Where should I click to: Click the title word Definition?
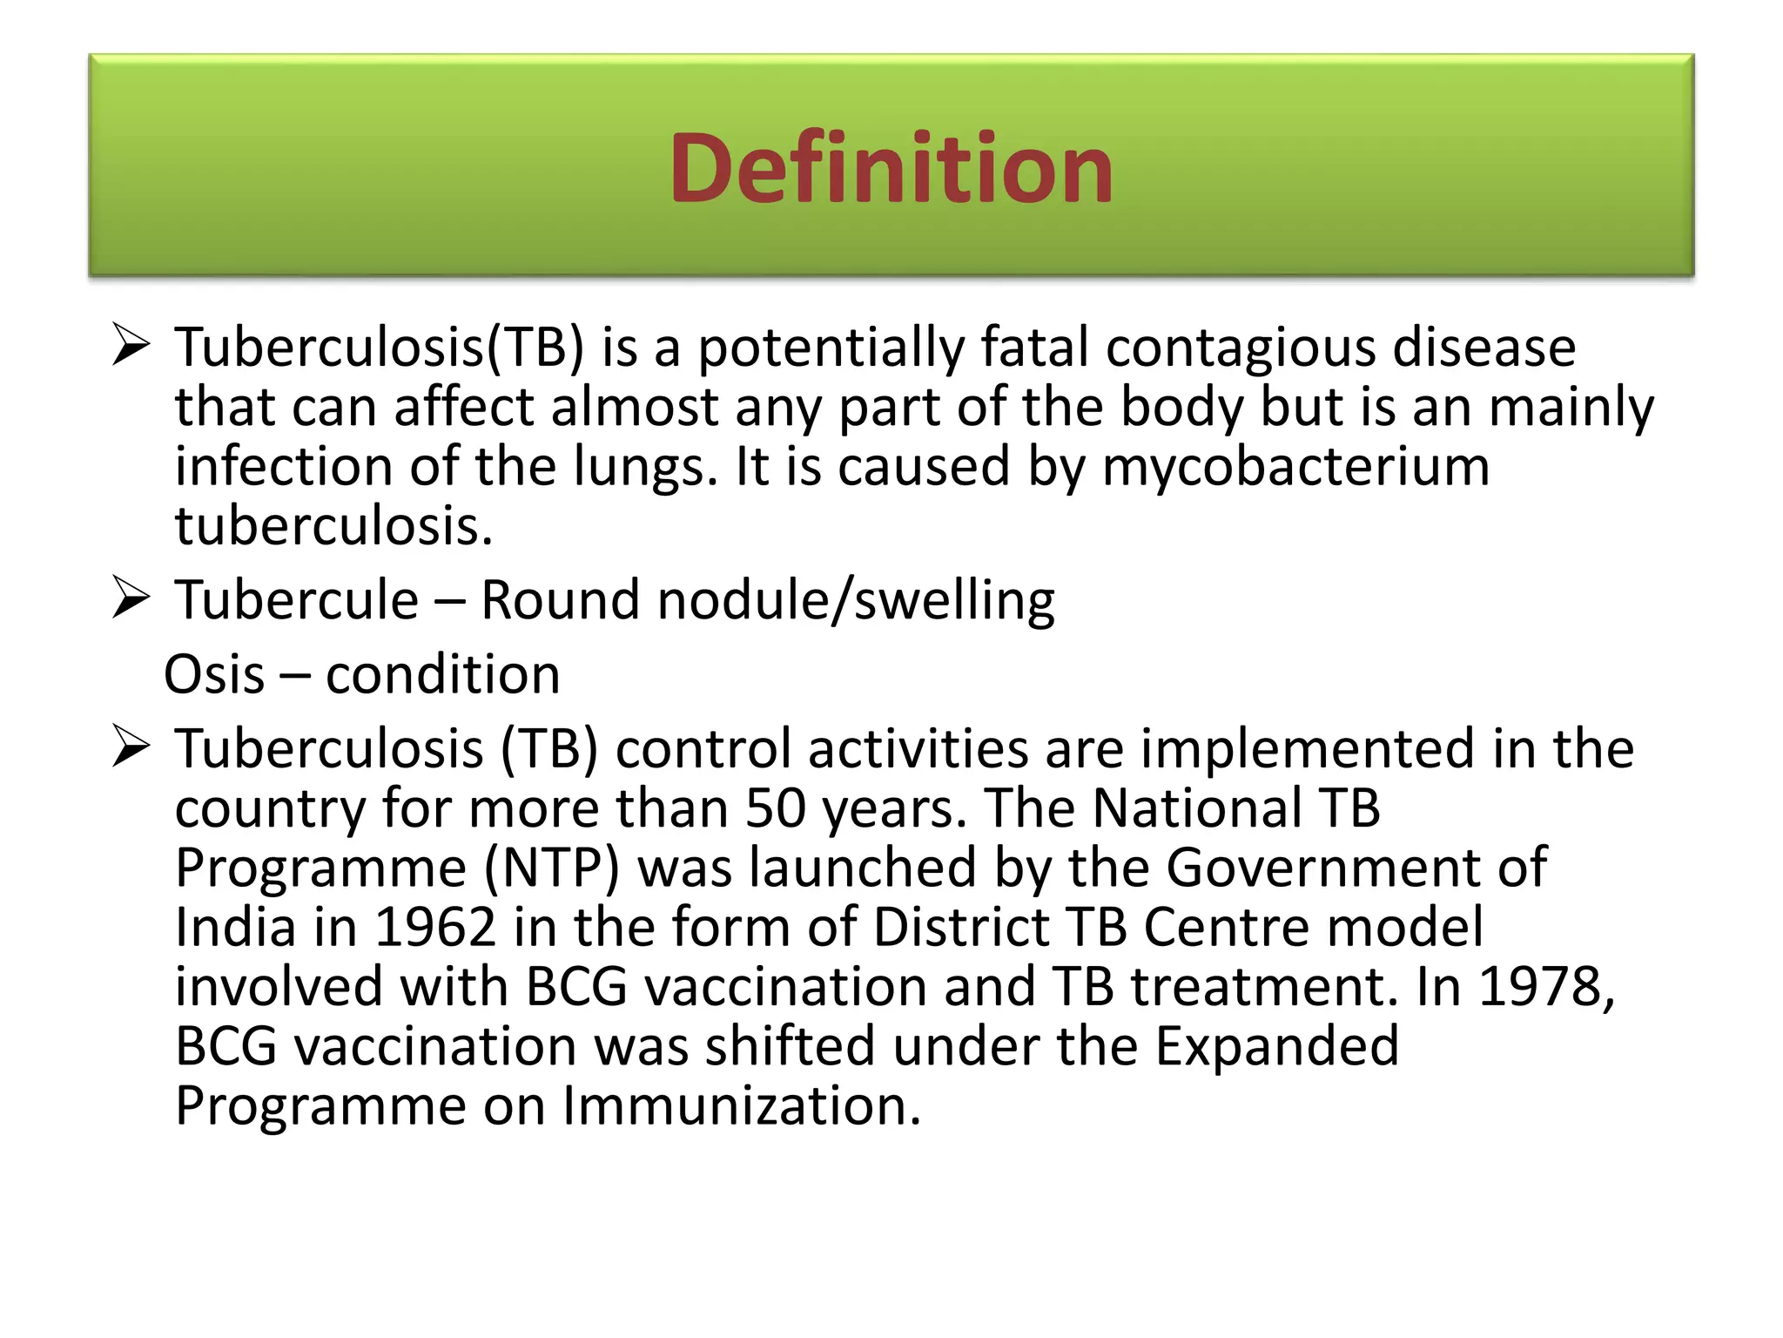click(891, 168)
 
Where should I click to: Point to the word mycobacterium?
click(1295, 466)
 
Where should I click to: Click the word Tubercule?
click(297, 600)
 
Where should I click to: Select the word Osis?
click(214, 674)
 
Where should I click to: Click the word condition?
click(443, 674)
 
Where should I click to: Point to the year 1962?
click(434, 927)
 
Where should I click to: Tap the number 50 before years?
click(776, 808)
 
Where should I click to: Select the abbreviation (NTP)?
click(552, 868)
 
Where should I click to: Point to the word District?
click(961, 927)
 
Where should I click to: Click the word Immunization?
click(742, 1105)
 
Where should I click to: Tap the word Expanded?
click(1276, 1045)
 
